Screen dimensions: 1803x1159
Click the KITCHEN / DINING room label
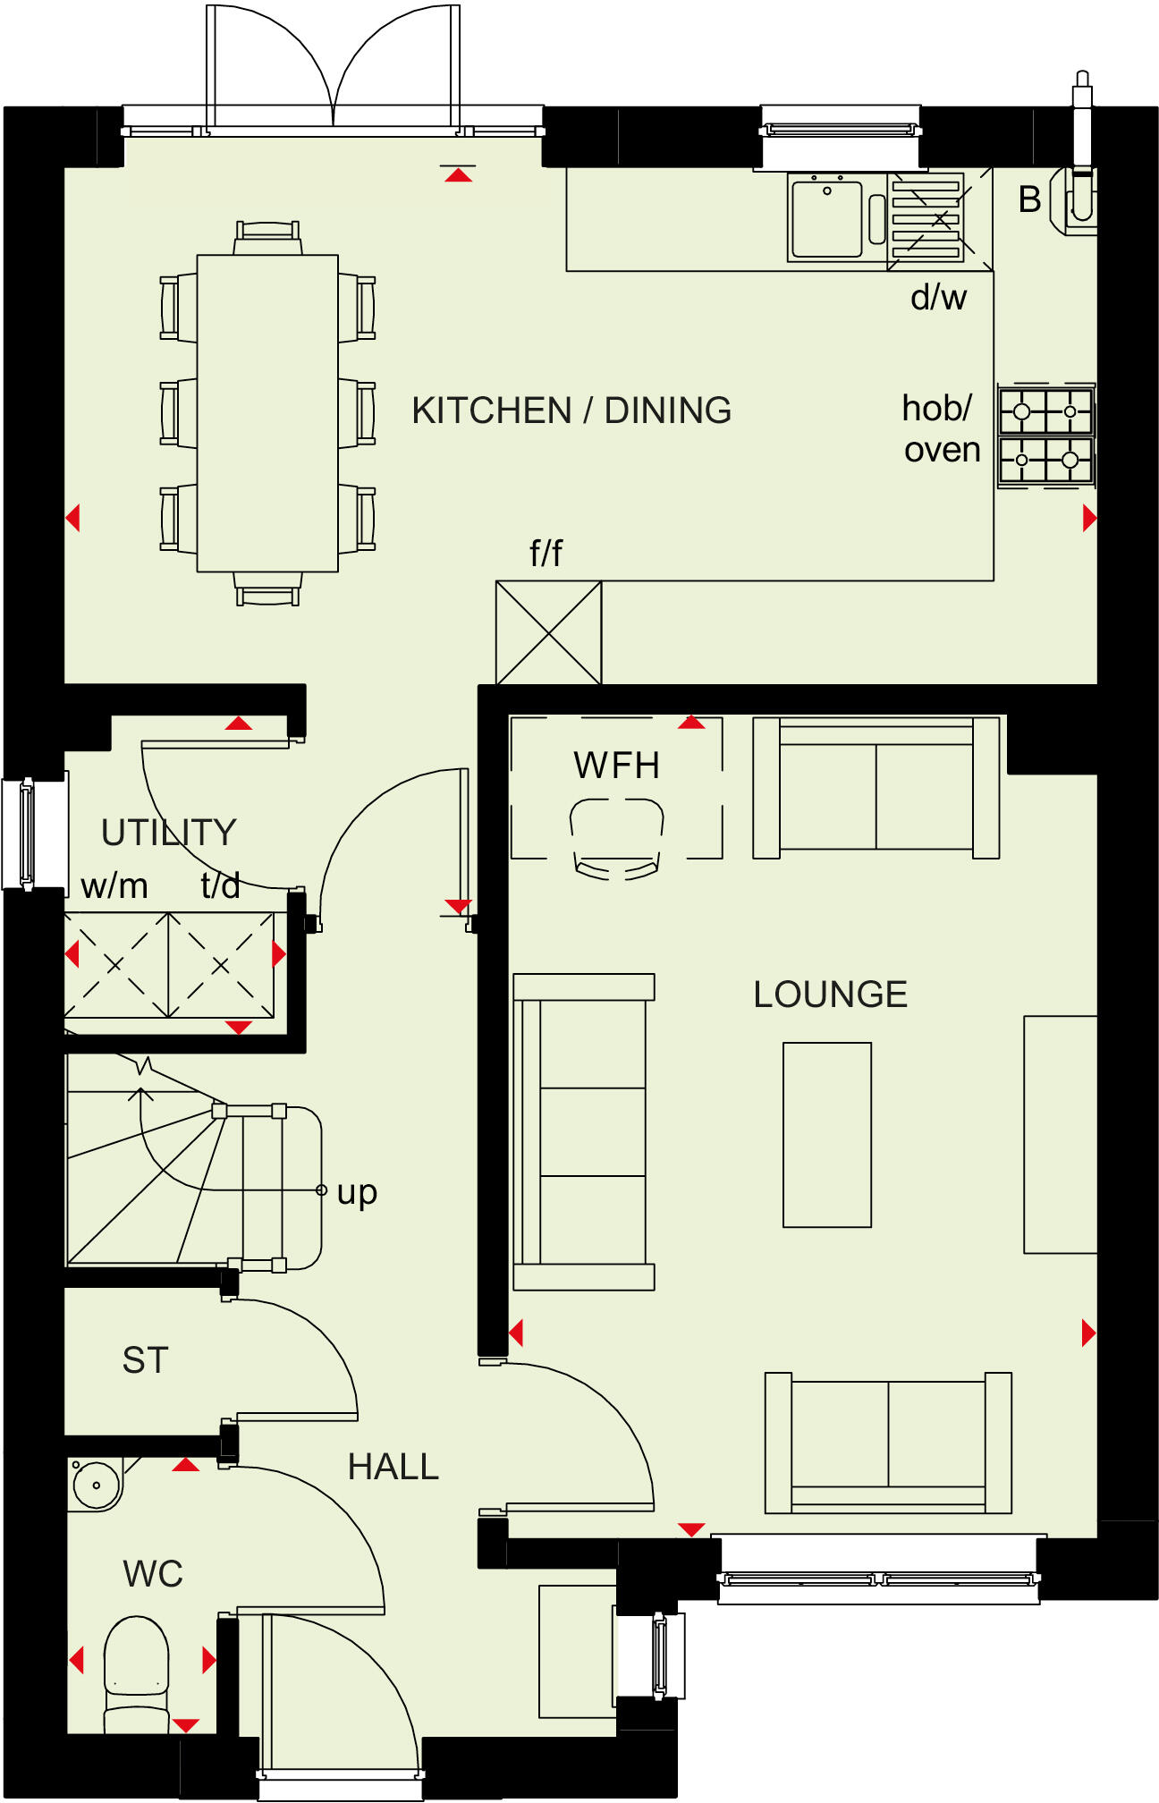[x=571, y=411]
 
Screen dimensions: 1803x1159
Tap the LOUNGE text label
[x=830, y=995]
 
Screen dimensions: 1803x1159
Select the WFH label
[x=616, y=766]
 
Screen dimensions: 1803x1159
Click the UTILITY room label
[x=168, y=833]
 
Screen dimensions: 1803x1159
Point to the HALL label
[x=393, y=1467]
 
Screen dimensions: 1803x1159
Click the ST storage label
[x=145, y=1360]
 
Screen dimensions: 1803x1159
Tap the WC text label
[x=153, y=1574]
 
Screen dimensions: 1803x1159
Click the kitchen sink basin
[x=826, y=218]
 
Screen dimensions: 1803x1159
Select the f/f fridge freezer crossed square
[x=548, y=632]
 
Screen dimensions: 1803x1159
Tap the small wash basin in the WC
[x=96, y=1485]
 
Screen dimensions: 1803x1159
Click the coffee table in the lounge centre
[x=826, y=1134]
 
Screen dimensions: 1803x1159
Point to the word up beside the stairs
[x=357, y=1192]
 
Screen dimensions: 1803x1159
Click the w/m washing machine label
[x=114, y=886]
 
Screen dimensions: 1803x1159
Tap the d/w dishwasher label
[x=938, y=298]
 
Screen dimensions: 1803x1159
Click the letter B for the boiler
[x=1029, y=199]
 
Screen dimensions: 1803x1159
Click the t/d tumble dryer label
[x=220, y=886]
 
